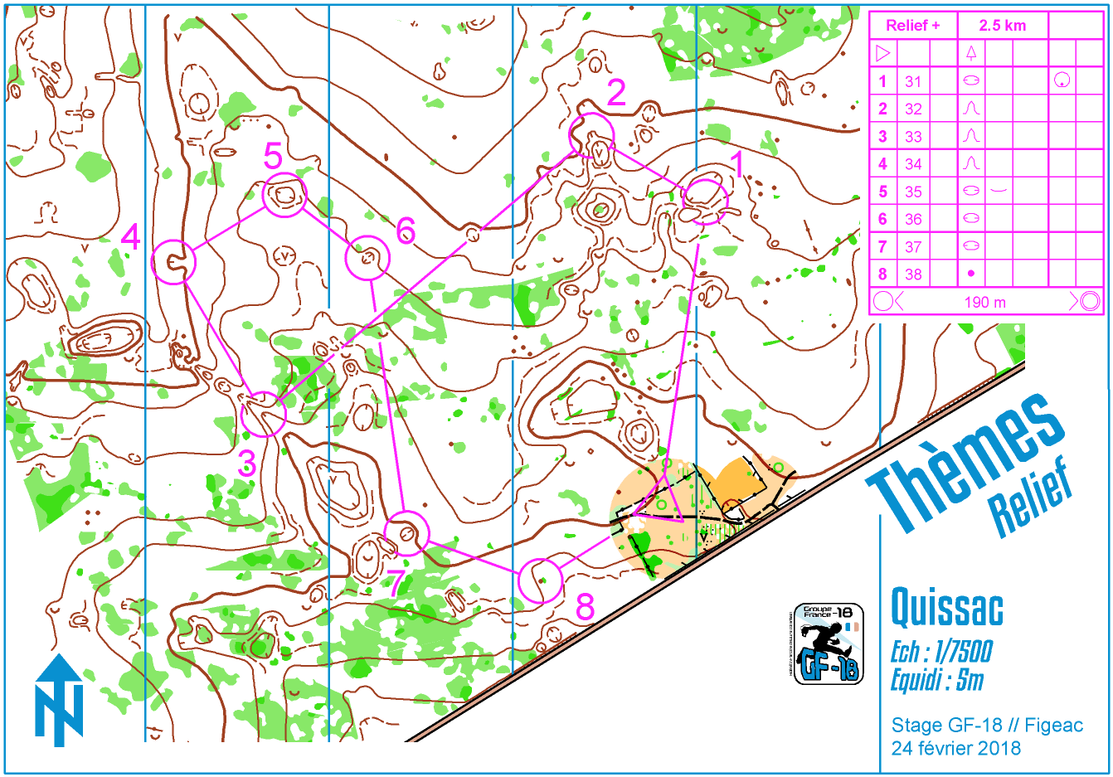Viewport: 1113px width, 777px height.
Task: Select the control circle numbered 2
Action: click(591, 134)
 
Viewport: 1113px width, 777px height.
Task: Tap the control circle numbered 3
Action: click(264, 414)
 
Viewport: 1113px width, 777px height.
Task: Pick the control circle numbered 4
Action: click(173, 262)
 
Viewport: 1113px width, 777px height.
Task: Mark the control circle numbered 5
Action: click(284, 196)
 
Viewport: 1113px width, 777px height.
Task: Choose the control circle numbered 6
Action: click(367, 259)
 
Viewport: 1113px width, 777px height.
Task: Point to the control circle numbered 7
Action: click(407, 533)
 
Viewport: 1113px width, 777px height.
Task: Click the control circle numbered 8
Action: click(540, 580)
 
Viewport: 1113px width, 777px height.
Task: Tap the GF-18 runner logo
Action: click(828, 643)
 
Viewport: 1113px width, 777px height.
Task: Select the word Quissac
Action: click(946, 608)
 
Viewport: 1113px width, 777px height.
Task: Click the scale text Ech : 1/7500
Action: click(941, 652)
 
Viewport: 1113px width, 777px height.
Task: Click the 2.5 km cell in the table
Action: click(1002, 26)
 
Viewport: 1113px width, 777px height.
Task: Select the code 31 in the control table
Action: click(913, 81)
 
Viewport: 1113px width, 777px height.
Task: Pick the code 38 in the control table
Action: click(913, 274)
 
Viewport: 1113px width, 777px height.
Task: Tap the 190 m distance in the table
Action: click(984, 302)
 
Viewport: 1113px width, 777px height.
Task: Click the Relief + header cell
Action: click(912, 26)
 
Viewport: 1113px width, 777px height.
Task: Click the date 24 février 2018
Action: click(955, 748)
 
